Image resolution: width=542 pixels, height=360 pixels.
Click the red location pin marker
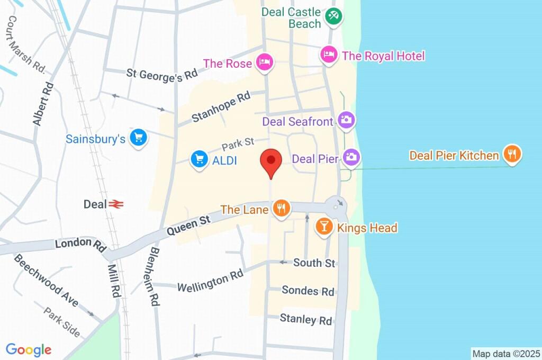(x=271, y=161)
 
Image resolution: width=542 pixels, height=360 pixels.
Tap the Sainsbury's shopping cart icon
(x=139, y=138)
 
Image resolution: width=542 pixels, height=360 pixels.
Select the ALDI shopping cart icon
(x=199, y=159)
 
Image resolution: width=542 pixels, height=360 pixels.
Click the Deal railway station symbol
(x=117, y=204)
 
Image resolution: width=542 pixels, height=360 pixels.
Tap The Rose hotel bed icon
(x=264, y=62)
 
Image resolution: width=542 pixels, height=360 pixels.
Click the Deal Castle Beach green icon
(x=333, y=15)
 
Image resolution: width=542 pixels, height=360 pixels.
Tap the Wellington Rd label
(x=210, y=281)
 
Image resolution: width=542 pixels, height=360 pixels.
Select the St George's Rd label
(x=162, y=73)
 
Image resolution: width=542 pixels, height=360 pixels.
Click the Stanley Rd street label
(x=306, y=320)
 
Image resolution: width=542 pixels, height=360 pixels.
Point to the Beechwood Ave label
(x=46, y=280)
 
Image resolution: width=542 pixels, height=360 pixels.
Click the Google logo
(x=29, y=350)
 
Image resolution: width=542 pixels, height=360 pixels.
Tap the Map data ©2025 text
(x=506, y=354)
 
